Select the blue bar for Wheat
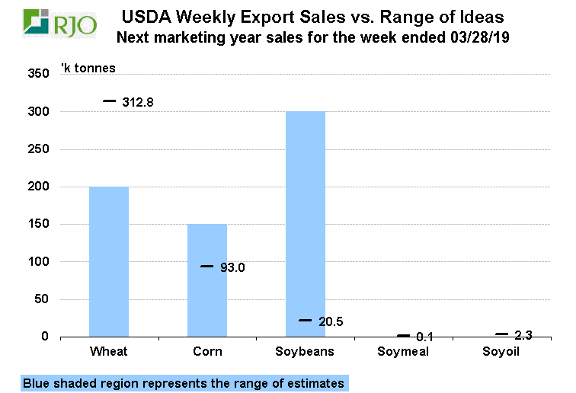coord(109,261)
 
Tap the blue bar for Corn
coord(207,280)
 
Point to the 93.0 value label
coord(235,267)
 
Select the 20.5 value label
coord(331,322)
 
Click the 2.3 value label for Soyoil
coord(523,335)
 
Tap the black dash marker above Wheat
coord(109,101)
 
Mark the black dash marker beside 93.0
coord(206,266)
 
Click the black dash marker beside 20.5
coord(305,321)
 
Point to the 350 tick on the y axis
coord(39,74)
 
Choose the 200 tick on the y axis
coord(39,187)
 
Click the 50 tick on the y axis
coord(42,299)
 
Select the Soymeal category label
coord(403,352)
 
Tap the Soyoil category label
coord(501,352)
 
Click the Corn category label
coord(207,352)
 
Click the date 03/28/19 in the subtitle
coord(481,37)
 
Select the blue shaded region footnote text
coord(184,383)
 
